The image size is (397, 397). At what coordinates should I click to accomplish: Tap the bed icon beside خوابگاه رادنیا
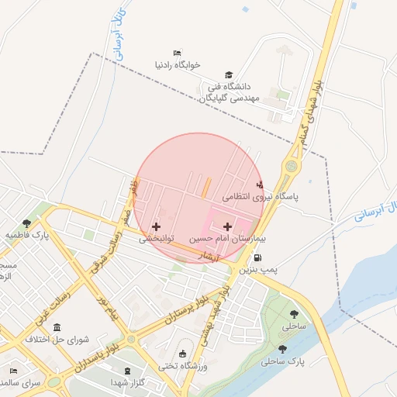178,53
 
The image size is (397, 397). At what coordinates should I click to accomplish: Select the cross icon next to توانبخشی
157,226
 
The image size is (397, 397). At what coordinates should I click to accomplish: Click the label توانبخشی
157,240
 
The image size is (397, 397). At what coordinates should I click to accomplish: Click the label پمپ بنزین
257,270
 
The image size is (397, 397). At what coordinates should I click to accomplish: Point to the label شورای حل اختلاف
58,340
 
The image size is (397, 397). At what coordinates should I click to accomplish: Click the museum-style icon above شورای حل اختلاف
58,327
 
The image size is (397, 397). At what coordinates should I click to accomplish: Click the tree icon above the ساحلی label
294,314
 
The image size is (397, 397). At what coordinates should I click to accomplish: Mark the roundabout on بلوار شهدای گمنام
291,165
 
